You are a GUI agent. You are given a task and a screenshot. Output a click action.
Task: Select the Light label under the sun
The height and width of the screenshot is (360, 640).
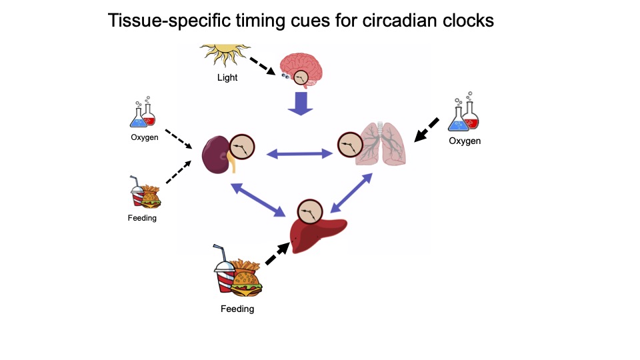pyautogui.click(x=227, y=77)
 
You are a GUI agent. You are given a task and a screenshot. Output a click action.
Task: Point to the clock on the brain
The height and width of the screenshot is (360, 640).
pyautogui.click(x=303, y=79)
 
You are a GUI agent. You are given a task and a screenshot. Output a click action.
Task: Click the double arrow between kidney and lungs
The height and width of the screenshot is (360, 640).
pyautogui.click(x=299, y=155)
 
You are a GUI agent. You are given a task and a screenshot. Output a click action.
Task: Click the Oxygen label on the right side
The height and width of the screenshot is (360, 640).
pyautogui.click(x=465, y=141)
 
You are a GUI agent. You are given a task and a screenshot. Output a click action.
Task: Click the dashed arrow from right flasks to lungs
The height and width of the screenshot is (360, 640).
pyautogui.click(x=426, y=129)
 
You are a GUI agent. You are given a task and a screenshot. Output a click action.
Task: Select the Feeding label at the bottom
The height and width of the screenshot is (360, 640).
pyautogui.click(x=237, y=309)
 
